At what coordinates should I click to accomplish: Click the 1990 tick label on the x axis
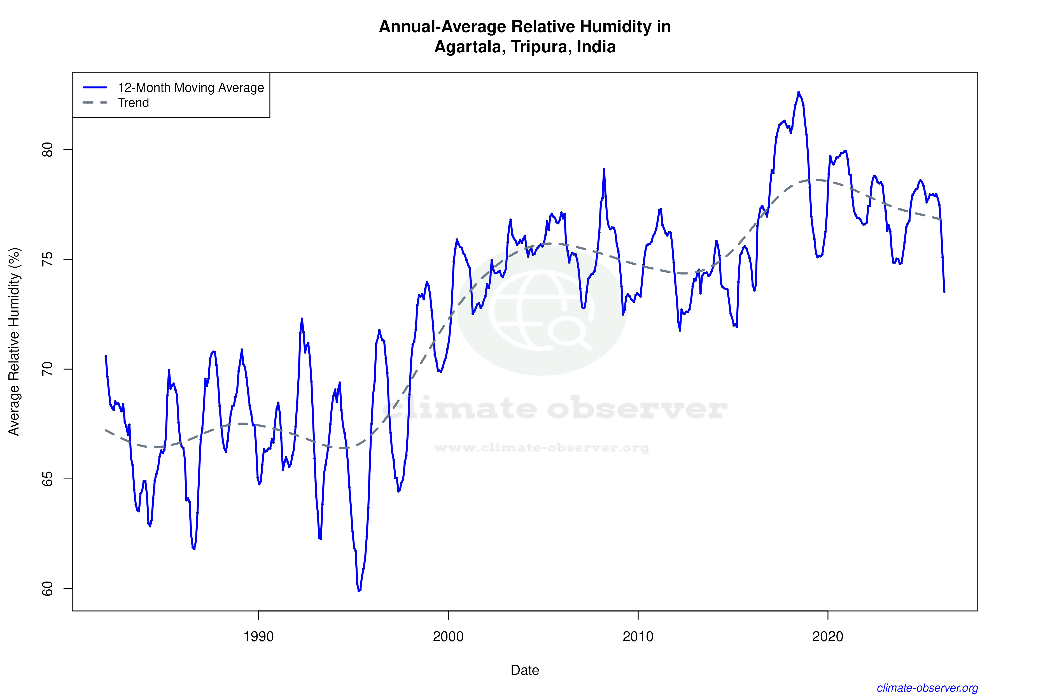[x=258, y=636]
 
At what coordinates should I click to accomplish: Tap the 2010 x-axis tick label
[x=638, y=636]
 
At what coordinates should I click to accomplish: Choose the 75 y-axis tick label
[x=47, y=259]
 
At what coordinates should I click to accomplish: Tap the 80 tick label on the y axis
[x=47, y=149]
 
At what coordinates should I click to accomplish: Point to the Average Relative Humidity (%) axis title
[x=14, y=342]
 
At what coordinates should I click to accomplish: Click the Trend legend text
[x=133, y=103]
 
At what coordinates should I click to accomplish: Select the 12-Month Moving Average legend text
[x=191, y=87]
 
